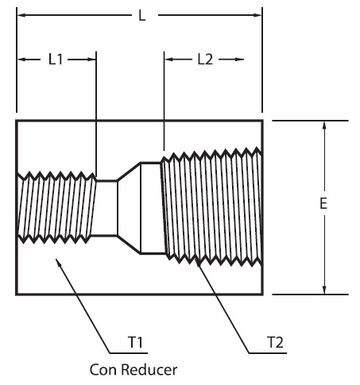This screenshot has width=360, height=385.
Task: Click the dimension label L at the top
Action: pos(142,16)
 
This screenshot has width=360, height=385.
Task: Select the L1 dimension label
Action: pos(56,60)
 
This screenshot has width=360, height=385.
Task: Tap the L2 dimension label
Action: pos(205,60)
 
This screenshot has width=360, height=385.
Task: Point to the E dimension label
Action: pos(323,203)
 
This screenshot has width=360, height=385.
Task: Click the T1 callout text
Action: pos(135,342)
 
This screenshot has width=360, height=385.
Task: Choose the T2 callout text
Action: pos(276,342)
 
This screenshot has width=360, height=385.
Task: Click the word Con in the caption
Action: pos(103,370)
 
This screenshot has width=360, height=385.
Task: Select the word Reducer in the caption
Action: pos(149,370)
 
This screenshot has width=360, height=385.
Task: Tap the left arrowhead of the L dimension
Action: pos(21,15)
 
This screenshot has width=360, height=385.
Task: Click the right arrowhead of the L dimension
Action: pos(257,15)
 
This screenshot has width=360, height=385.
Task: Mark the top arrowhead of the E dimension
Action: pos(323,125)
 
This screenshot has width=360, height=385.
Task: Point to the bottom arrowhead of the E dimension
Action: pos(323,289)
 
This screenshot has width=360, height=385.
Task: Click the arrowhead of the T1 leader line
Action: pos(58,263)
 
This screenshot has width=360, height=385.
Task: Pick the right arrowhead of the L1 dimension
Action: pos(91,60)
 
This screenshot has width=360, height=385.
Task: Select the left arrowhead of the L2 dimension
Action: pos(169,60)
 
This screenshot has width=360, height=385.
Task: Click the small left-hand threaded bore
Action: pos(56,207)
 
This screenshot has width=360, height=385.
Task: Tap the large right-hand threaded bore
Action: pos(212,206)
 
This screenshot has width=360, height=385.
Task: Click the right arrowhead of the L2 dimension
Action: pos(239,60)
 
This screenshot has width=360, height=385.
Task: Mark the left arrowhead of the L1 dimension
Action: pos(22,60)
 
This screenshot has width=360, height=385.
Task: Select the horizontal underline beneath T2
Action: pos(268,352)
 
